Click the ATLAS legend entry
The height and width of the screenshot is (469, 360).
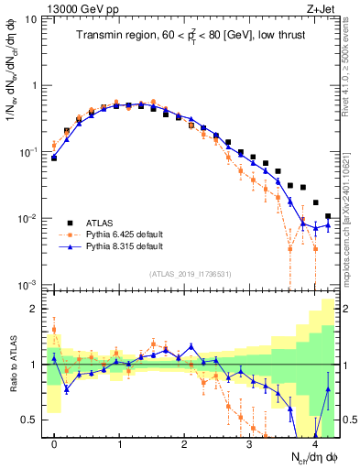tap(102, 223)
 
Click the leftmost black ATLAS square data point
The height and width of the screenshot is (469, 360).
tap(54, 158)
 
